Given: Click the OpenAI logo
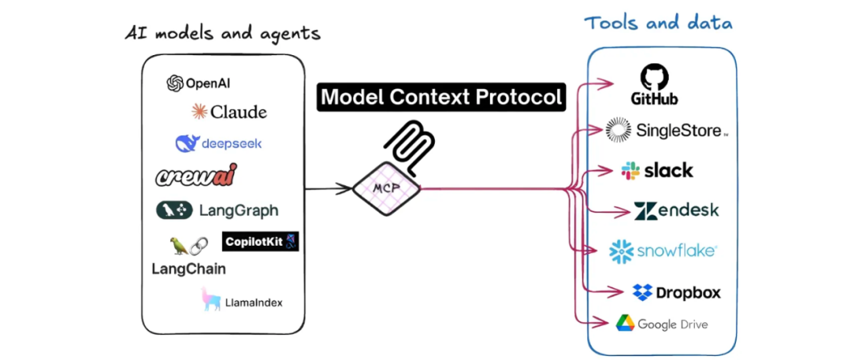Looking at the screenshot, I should point(175,84).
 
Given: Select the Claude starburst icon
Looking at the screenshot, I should point(199,112).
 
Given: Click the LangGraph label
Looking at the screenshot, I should point(238,210).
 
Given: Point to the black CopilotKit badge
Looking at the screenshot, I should point(261,242).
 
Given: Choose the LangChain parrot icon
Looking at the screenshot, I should point(179,246).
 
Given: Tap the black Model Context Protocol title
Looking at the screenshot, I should point(441,97).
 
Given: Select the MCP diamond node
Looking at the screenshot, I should point(386,188).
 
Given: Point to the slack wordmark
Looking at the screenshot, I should point(668,170).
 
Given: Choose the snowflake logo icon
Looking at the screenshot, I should point(622,251).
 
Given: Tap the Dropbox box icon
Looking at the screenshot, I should point(642,292).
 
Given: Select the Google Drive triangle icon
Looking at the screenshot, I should point(625,324).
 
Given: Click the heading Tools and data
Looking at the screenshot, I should point(658,22).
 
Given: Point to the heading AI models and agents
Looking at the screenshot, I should point(223,33).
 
